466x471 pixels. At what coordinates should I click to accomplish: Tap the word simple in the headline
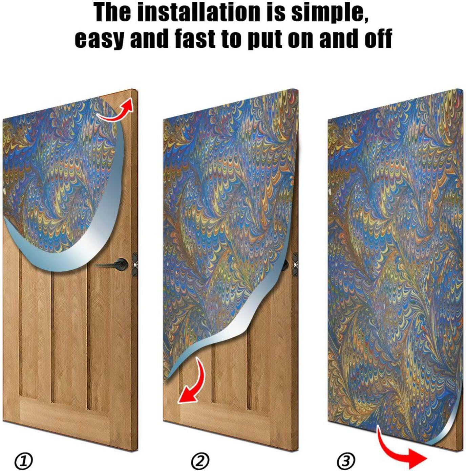330,13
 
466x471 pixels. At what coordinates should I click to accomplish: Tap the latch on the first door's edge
135,265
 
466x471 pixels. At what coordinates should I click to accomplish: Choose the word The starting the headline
112,13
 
